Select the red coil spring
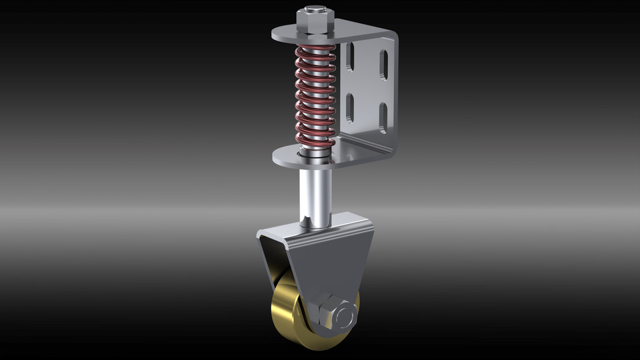315,97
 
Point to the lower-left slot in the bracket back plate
349,107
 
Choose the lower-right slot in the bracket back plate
383,118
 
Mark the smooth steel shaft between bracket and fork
315,193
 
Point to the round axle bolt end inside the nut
345,315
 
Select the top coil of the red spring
315,49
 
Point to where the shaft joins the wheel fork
315,223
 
